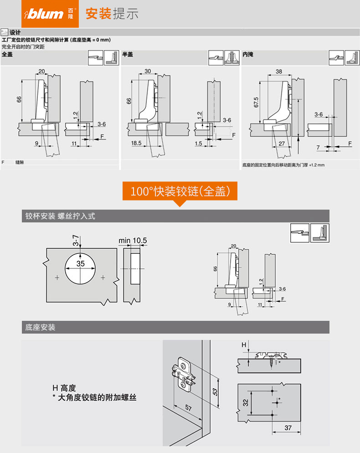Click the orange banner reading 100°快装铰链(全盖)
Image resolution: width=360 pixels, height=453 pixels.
[180, 191]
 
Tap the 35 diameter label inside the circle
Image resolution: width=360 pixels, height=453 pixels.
[81, 264]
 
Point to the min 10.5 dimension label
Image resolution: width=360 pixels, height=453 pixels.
[133, 240]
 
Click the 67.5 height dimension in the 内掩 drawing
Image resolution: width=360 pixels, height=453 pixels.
[257, 102]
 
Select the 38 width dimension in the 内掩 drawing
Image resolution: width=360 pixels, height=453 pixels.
[279, 72]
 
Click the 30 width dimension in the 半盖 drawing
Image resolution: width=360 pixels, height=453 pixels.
[148, 72]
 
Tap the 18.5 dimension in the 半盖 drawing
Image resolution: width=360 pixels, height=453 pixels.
[136, 143]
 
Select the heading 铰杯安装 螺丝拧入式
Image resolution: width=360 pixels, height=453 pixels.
[60, 216]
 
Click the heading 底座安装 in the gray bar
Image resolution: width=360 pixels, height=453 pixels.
[41, 327]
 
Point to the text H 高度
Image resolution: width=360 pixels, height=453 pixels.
[64, 388]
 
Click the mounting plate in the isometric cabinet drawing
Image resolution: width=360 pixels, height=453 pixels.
[184, 374]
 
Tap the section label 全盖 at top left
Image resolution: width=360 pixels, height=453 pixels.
[7, 54]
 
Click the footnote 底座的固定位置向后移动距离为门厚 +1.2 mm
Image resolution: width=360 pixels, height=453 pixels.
[283, 165]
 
